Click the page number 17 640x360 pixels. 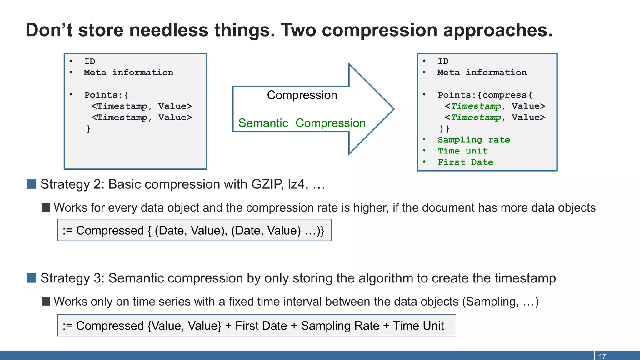pyautogui.click(x=602, y=356)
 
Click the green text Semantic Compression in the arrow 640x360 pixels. pyautogui.click(x=302, y=123)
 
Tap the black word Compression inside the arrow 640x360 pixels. pyautogui.click(x=302, y=95)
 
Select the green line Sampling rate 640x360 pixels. pyautogui.click(x=473, y=140)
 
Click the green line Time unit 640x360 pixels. pyautogui.click(x=462, y=151)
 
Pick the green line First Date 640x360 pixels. pyautogui.click(x=465, y=162)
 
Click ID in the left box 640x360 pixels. pyautogui.click(x=90, y=61)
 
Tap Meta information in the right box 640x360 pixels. pyautogui.click(x=482, y=72)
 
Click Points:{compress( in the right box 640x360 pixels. pyautogui.click(x=485, y=95)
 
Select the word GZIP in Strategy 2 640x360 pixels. pyautogui.click(x=267, y=184)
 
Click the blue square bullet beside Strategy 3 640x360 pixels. pyautogui.click(x=31, y=278)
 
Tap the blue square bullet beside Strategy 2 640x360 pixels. pyautogui.click(x=31, y=184)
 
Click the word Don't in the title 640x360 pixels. pyautogui.click(x=49, y=30)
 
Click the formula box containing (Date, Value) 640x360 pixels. pyautogui.click(x=194, y=230)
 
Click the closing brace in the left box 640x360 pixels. pyautogui.click(x=89, y=128)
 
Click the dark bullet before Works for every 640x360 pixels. pyautogui.click(x=46, y=207)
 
